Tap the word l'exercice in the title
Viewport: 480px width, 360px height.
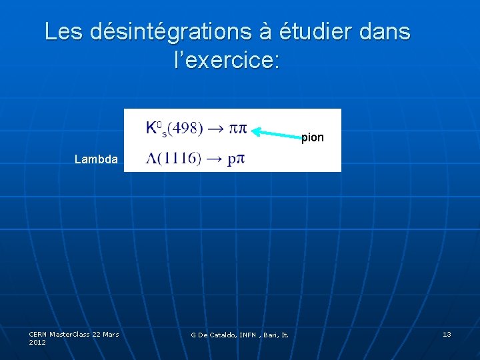(227, 61)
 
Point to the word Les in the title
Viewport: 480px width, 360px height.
(63, 31)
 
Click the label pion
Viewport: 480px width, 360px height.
(313, 138)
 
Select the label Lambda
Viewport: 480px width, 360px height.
(96, 159)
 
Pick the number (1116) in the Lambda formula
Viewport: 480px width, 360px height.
(178, 159)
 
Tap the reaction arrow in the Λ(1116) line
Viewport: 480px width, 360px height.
(213, 159)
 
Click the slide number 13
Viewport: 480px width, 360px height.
(447, 334)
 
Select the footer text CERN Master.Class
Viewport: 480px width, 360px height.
(60, 334)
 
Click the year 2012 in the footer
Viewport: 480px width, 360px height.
(37, 342)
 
